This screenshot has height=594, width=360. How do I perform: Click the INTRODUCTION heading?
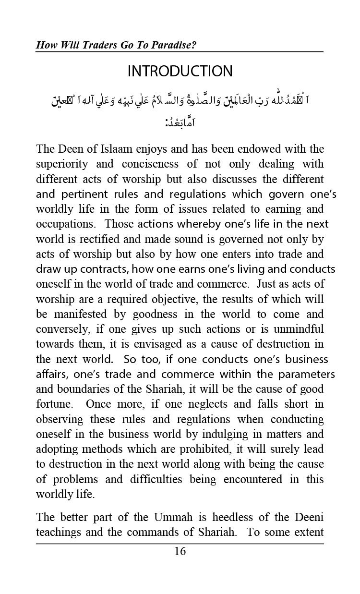180,72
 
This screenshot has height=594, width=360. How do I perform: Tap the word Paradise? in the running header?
177,45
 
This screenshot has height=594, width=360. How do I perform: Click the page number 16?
180,551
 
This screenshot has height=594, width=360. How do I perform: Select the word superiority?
62,164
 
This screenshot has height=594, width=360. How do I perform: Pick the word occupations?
65,224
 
